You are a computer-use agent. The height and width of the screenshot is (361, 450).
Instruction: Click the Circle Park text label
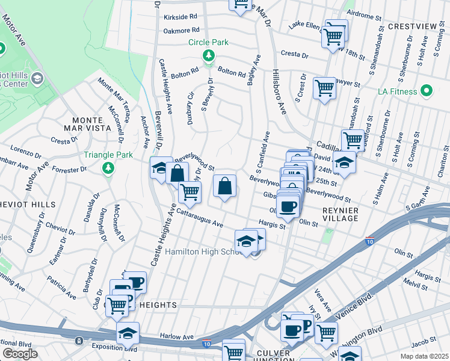[x=208, y=43]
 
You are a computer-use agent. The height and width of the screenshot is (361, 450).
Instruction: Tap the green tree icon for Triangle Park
[x=108, y=167]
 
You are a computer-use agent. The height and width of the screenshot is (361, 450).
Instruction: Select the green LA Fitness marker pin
[x=427, y=91]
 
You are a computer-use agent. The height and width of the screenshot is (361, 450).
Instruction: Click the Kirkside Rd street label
[x=180, y=17]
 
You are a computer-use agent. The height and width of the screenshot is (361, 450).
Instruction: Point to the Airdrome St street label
[x=365, y=13]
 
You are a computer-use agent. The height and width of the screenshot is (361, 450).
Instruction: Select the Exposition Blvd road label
[x=112, y=347]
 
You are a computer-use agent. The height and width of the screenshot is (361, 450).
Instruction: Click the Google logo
[x=20, y=354]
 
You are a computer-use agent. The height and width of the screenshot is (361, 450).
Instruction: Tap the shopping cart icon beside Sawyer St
[x=324, y=88]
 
